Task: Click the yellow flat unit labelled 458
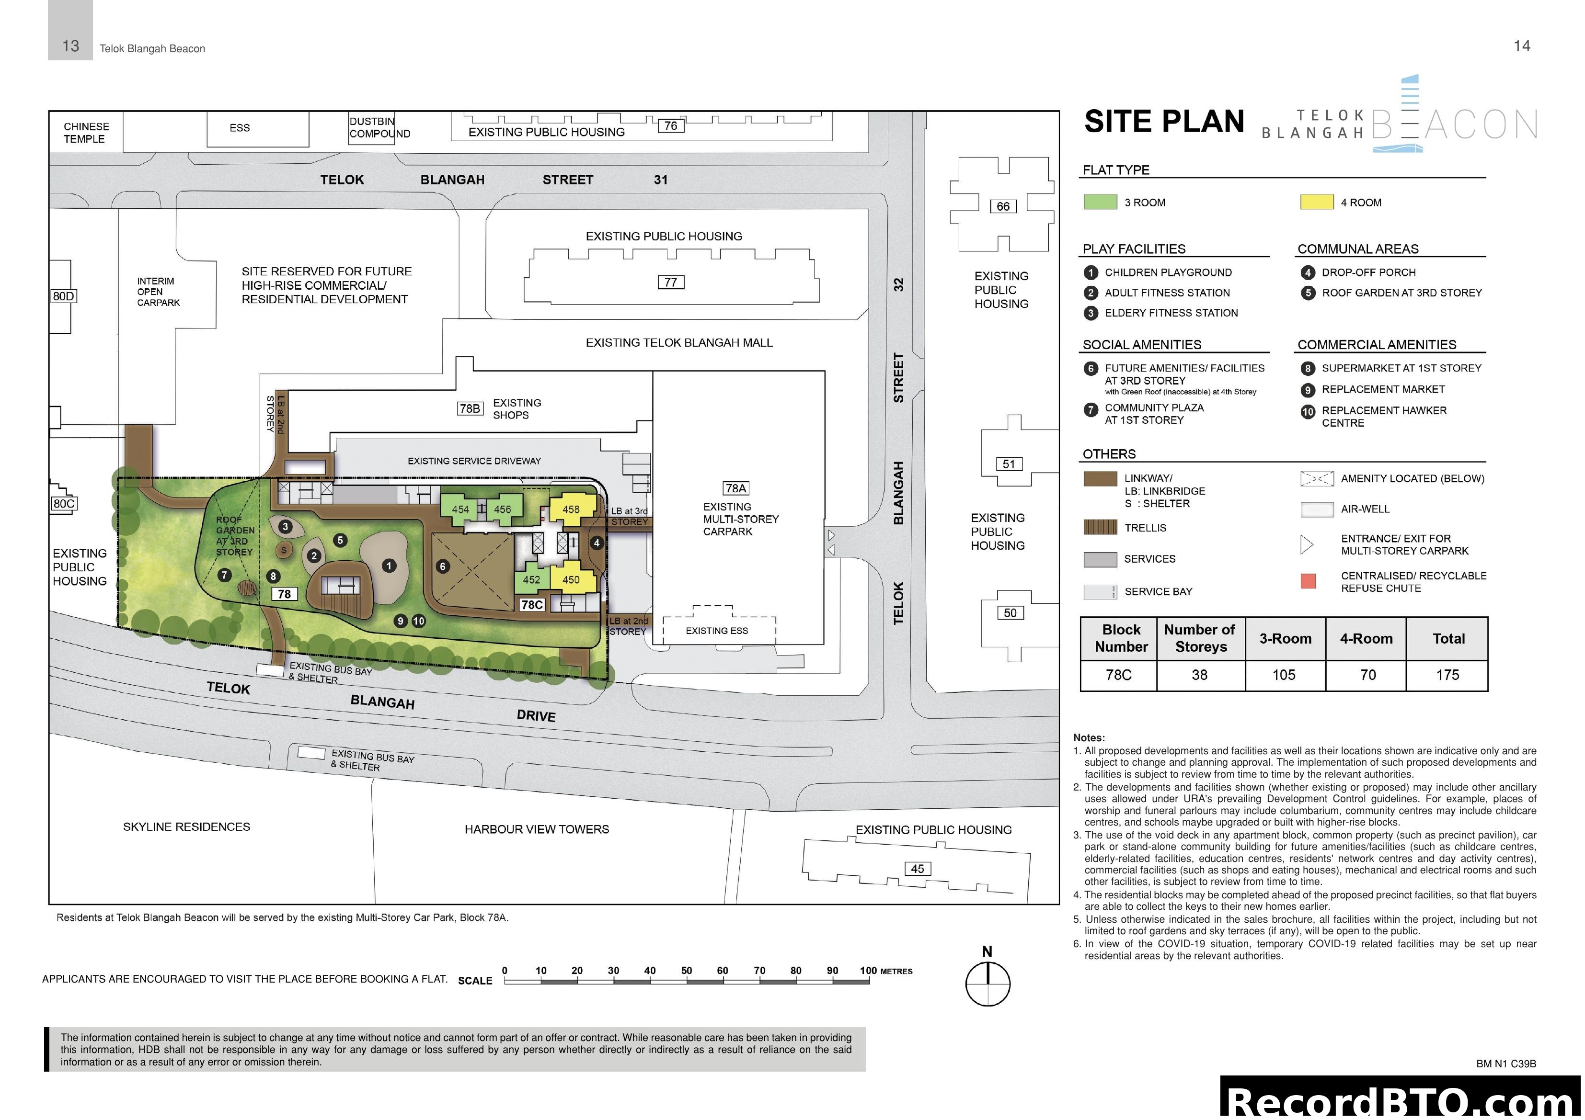tap(571, 509)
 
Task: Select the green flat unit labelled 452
tap(531, 580)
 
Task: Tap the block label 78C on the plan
tap(531, 604)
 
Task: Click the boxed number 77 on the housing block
tap(670, 282)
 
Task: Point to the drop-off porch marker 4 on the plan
tap(597, 543)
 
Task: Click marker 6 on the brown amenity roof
tap(443, 566)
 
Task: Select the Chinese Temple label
tap(86, 133)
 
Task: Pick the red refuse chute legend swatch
tap(1308, 581)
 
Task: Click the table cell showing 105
tap(1284, 675)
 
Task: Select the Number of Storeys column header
tap(1200, 638)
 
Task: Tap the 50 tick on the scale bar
tap(686, 971)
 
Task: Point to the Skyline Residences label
tap(186, 827)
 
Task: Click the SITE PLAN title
tap(1164, 122)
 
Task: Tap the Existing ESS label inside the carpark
tap(717, 631)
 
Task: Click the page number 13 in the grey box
tap(70, 46)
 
